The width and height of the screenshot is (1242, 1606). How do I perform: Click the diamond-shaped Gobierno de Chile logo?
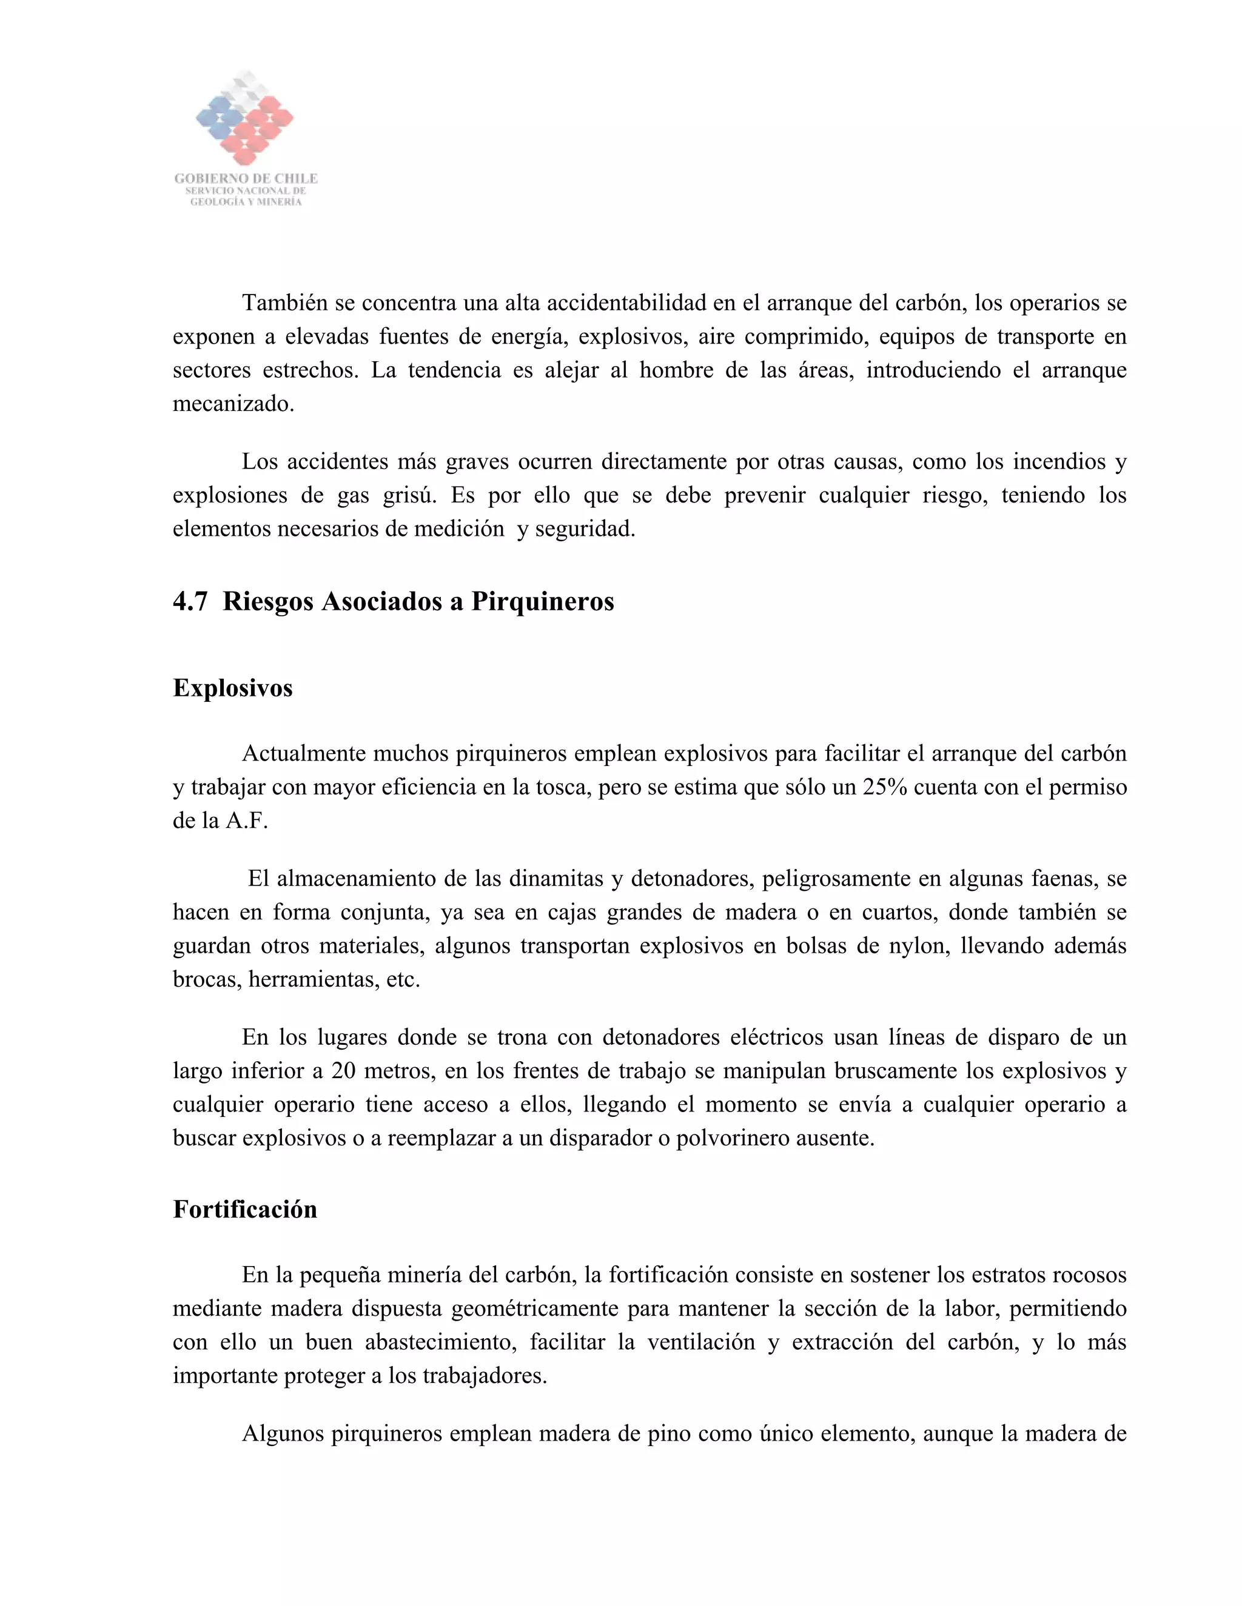click(245, 118)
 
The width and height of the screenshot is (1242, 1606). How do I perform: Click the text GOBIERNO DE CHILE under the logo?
click(246, 179)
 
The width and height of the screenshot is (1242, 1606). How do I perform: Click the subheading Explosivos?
click(232, 688)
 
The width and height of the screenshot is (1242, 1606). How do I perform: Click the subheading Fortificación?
click(244, 1209)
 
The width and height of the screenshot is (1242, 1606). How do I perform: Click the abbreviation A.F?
click(246, 821)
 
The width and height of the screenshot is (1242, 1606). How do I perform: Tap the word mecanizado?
click(232, 404)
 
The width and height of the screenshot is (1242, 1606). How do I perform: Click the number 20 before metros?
click(344, 1071)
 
